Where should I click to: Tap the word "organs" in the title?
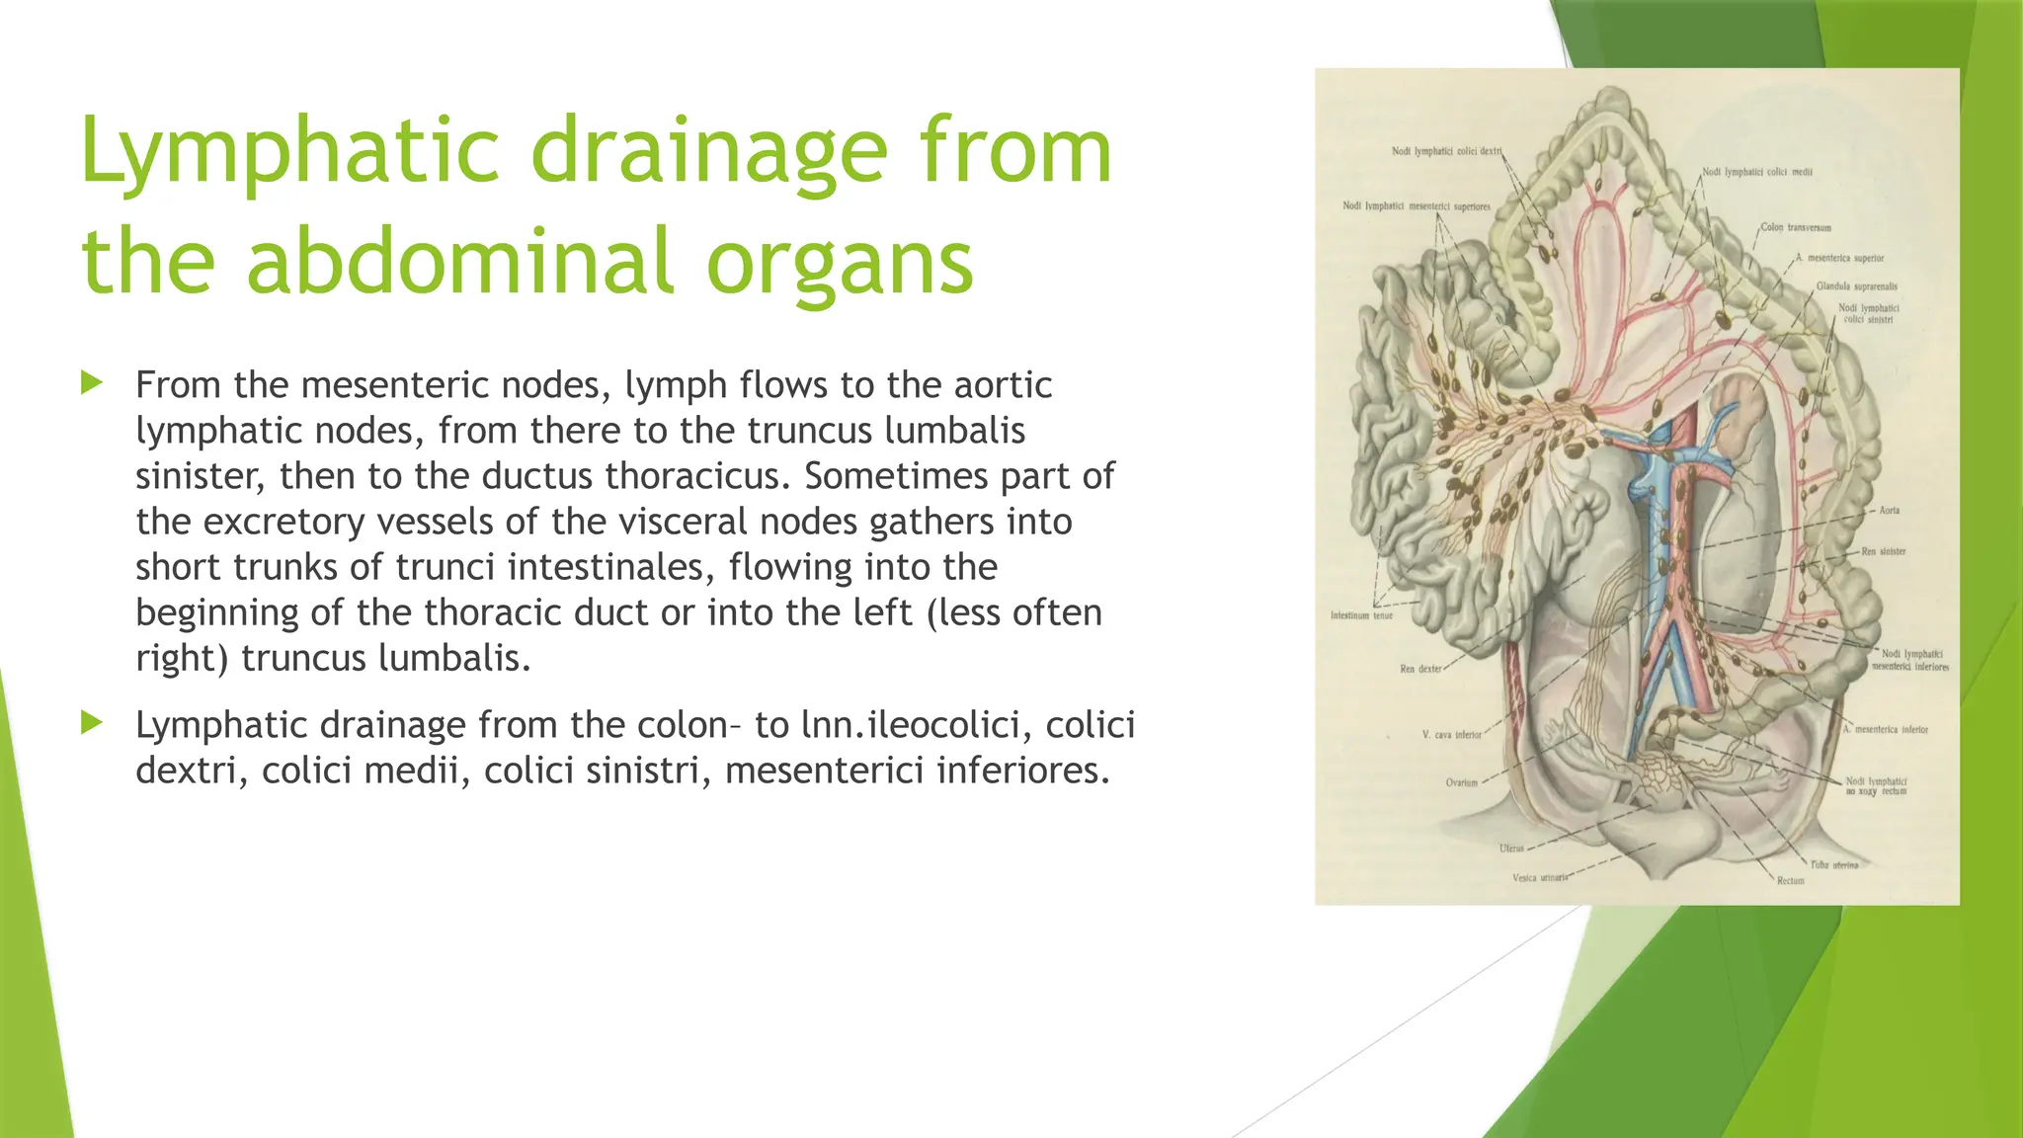point(840,262)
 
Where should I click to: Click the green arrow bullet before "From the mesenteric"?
point(92,382)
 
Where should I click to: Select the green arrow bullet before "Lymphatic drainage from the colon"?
point(92,723)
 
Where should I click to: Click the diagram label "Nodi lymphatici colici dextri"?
point(1446,151)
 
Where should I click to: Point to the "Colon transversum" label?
point(1796,227)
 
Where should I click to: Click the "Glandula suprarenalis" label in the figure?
point(1856,286)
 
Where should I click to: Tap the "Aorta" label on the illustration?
point(1889,511)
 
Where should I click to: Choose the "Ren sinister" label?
point(1884,551)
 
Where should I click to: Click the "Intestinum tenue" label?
point(1361,615)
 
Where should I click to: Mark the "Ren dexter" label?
point(1420,669)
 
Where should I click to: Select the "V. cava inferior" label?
point(1451,735)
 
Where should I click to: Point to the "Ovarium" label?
point(1461,782)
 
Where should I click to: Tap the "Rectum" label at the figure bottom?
point(1790,880)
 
